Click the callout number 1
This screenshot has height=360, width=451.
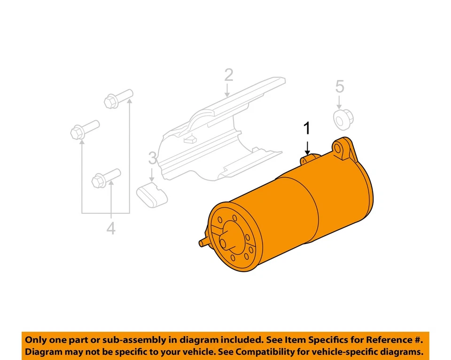coord(307,128)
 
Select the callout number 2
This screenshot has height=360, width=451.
coord(228,75)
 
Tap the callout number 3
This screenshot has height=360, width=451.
coord(152,158)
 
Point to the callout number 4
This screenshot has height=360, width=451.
coord(110,228)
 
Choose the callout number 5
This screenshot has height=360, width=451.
coord(340,86)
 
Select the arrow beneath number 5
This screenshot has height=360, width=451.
coord(340,102)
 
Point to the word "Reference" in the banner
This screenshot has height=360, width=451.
coord(390,339)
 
